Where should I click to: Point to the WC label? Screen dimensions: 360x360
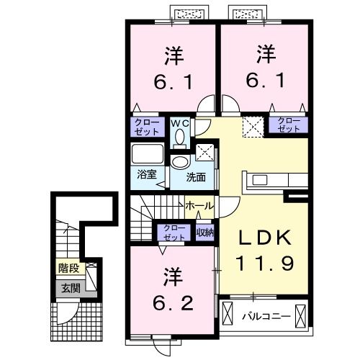pos(179,123)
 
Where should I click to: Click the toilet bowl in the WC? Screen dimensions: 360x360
pos(180,135)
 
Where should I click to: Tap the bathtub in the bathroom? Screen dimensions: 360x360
pos(148,155)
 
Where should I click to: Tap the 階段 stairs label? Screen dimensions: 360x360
pos(69,271)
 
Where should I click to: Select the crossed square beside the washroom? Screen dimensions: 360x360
pos(204,153)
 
